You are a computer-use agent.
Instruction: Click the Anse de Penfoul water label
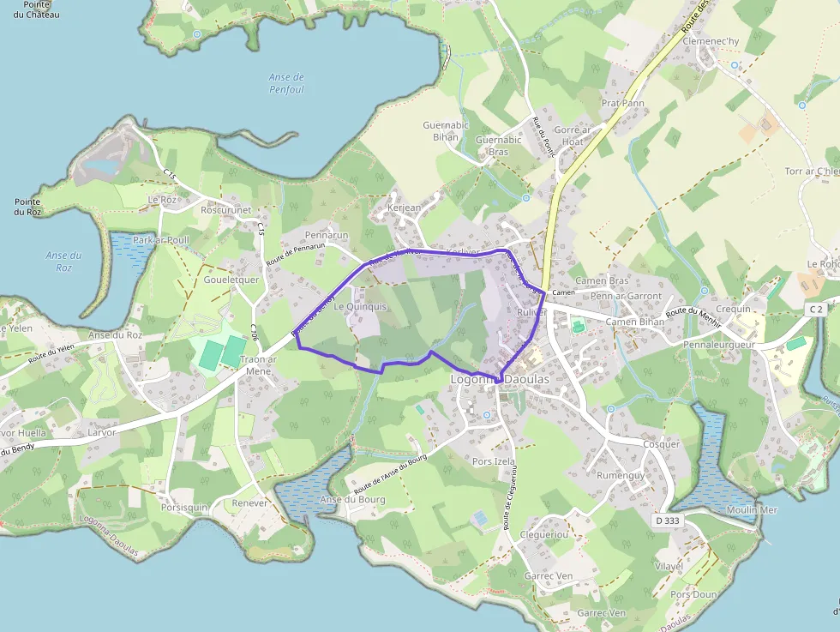286,83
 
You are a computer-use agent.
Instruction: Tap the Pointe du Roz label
27,207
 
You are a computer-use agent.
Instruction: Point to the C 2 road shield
814,309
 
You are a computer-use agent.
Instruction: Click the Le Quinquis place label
360,306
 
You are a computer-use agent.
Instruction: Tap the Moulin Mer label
752,510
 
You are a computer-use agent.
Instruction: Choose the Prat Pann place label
623,103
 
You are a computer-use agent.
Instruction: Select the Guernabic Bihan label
446,130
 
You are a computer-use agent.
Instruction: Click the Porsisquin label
184,507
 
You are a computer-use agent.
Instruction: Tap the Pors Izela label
494,461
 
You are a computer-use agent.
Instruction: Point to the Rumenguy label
620,475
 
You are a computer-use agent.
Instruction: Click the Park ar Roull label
160,240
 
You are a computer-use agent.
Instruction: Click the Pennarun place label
327,234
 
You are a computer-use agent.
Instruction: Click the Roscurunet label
225,209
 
